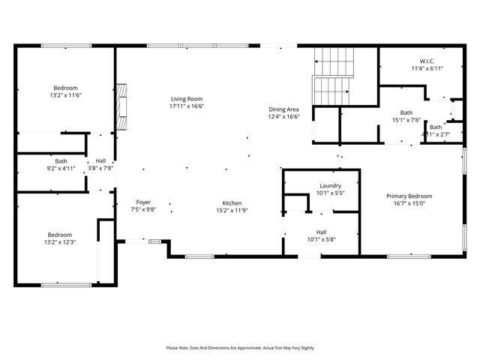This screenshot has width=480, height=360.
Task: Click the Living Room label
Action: (187, 99)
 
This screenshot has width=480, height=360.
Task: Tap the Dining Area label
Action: (284, 109)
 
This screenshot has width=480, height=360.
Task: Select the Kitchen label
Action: (229, 202)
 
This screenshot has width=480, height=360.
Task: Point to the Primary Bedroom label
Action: (409, 196)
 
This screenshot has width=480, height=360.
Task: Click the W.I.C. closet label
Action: (427, 61)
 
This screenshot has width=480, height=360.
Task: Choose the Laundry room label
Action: (330, 185)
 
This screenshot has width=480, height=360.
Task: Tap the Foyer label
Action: (143, 202)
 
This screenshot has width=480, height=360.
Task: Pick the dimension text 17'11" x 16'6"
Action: (187, 106)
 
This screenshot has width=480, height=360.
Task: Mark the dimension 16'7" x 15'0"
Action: (409, 203)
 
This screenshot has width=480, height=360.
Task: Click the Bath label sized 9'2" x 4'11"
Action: (61, 161)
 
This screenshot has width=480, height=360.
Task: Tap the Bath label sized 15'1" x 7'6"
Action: (406, 112)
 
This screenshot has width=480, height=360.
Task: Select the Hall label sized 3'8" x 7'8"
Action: (100, 161)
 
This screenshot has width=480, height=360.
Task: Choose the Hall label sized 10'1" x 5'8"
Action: (321, 232)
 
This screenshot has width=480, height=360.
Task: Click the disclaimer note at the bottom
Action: (240, 348)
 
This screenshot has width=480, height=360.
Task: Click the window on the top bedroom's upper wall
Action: (65, 46)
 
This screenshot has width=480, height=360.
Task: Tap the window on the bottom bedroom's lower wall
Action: (65, 284)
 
